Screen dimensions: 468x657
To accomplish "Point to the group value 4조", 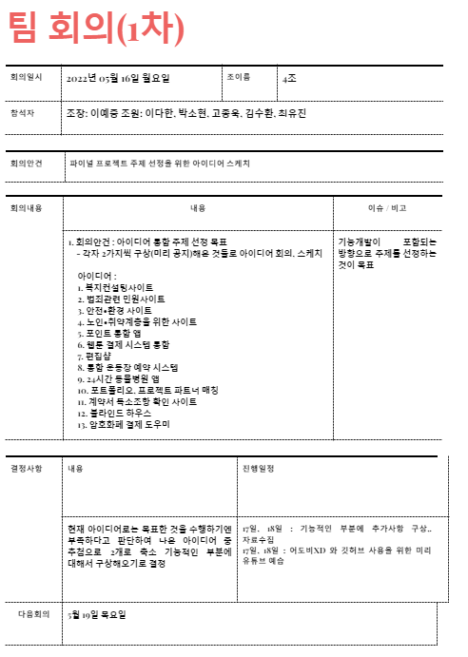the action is (x=290, y=77).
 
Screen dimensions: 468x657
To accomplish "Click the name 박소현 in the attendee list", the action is (x=192, y=113).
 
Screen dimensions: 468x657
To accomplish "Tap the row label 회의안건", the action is (x=26, y=163).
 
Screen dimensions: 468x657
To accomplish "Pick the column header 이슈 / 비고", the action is (x=387, y=207).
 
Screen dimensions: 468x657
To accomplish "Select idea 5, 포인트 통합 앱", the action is (x=112, y=333).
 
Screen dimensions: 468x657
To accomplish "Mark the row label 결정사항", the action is (x=26, y=469).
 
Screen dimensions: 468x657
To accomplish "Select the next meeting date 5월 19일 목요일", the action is (x=97, y=614).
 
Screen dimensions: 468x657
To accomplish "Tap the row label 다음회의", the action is (x=34, y=614).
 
